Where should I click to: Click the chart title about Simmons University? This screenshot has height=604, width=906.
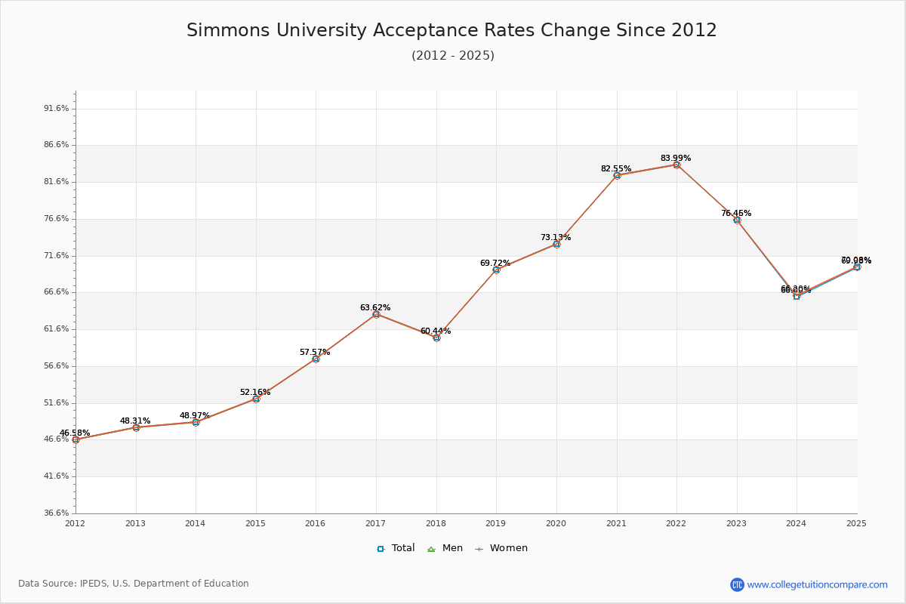click(x=451, y=31)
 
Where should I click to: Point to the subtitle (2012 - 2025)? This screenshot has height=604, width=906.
click(x=453, y=56)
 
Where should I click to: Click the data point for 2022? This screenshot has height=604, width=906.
click(x=676, y=165)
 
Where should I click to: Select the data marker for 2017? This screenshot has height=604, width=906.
click(x=376, y=314)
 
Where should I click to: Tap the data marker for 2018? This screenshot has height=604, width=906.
click(x=436, y=337)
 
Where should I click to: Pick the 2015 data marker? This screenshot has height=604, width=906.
click(x=256, y=399)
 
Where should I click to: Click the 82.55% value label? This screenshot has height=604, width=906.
click(x=616, y=169)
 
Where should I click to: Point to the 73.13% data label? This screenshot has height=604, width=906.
click(x=556, y=238)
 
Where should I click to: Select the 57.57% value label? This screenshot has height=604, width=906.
click(x=315, y=353)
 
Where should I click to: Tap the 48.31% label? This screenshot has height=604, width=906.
click(x=135, y=421)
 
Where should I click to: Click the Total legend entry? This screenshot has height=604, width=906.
click(x=396, y=548)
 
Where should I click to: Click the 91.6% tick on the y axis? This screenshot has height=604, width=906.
click(x=57, y=109)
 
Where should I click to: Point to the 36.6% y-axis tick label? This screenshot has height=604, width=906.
click(x=57, y=513)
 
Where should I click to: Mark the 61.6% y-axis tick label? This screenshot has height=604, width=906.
click(x=57, y=329)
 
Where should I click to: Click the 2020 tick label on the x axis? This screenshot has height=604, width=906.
click(x=556, y=523)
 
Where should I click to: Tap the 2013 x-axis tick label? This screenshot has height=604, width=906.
click(x=135, y=523)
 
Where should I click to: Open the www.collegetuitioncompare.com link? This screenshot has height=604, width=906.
click(x=817, y=584)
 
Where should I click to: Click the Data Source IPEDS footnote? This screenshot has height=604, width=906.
click(x=134, y=584)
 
